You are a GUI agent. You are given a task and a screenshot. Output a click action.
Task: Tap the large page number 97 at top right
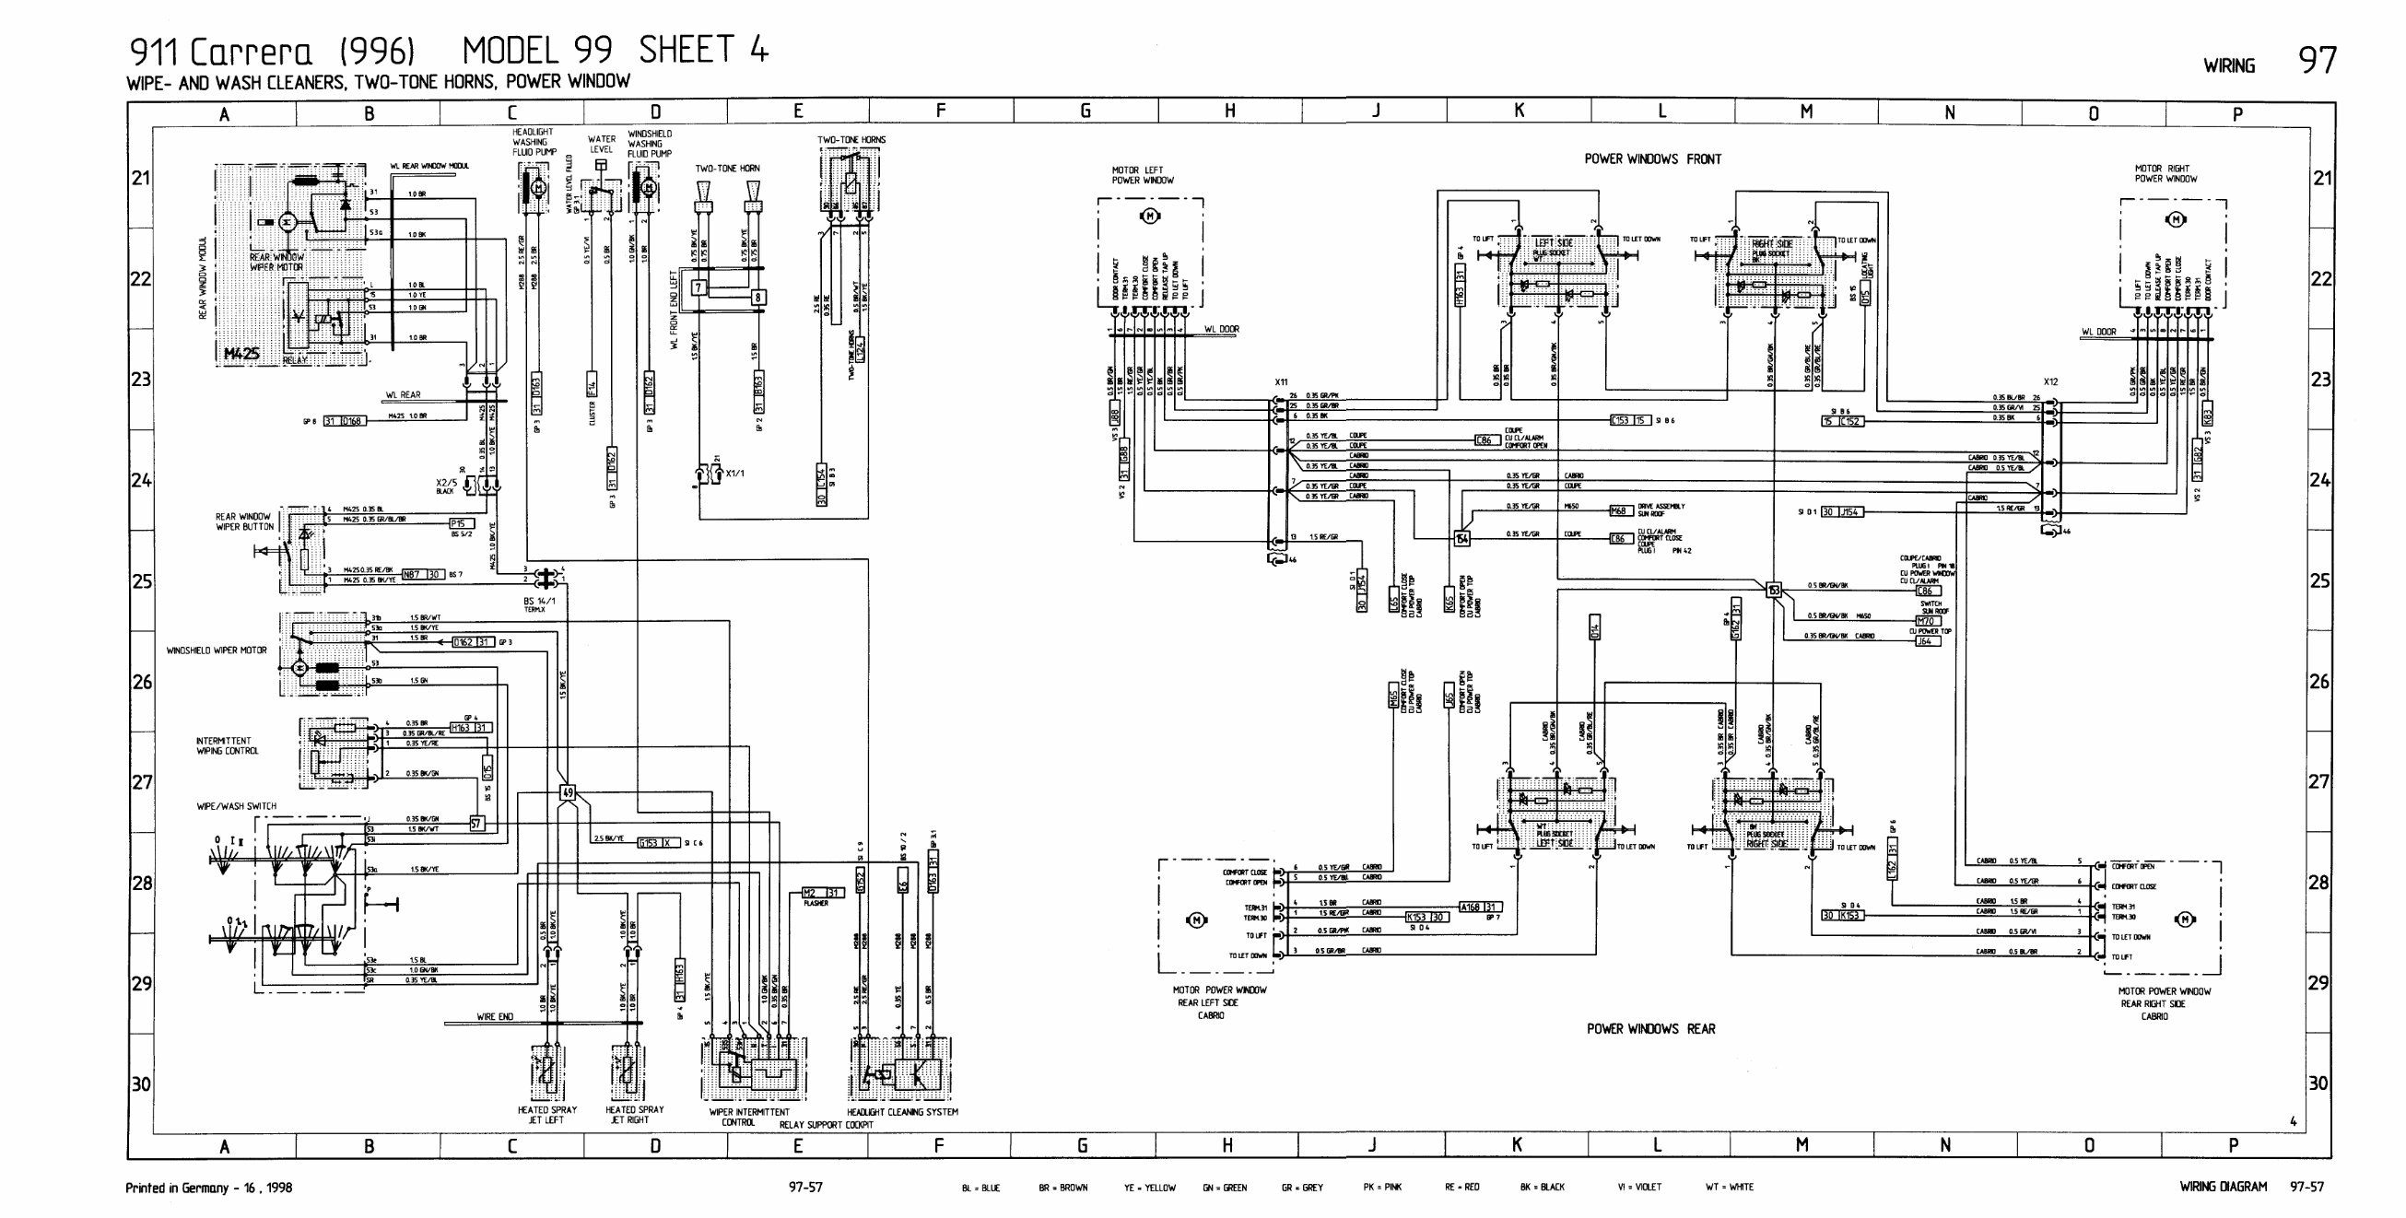[x=2317, y=61]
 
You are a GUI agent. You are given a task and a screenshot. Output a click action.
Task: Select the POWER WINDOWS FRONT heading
[x=1652, y=158]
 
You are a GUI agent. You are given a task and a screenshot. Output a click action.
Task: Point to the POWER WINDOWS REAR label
[x=1650, y=1028]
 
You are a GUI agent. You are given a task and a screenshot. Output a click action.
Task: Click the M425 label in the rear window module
[x=242, y=354]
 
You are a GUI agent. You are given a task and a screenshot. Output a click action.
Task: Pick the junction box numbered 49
[x=567, y=793]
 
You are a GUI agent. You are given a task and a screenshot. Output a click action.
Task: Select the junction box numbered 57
[x=476, y=824]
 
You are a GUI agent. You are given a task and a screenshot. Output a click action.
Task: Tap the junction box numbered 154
[x=1461, y=538]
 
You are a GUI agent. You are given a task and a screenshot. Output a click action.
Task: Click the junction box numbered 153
[x=1773, y=590]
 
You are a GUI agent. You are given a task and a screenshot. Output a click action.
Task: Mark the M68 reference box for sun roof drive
[x=1620, y=511]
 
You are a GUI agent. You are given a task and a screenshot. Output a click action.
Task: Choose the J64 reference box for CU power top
[x=1924, y=640]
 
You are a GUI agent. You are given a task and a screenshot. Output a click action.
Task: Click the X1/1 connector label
[x=734, y=474]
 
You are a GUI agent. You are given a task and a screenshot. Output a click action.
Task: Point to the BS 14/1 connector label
[x=539, y=601]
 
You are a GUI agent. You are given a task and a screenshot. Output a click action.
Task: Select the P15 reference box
[x=462, y=523]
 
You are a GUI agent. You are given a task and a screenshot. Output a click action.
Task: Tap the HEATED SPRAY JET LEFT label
[x=546, y=1114]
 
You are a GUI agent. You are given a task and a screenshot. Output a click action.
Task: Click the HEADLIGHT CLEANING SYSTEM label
[x=902, y=1111]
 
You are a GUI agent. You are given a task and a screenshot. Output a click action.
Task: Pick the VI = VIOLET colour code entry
[x=1639, y=1188]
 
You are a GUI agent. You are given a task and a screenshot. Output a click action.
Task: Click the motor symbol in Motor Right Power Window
[x=2176, y=219]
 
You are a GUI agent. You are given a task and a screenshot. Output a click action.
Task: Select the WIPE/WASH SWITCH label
[x=236, y=806]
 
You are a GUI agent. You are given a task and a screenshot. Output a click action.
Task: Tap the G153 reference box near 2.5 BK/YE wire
[x=648, y=842]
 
